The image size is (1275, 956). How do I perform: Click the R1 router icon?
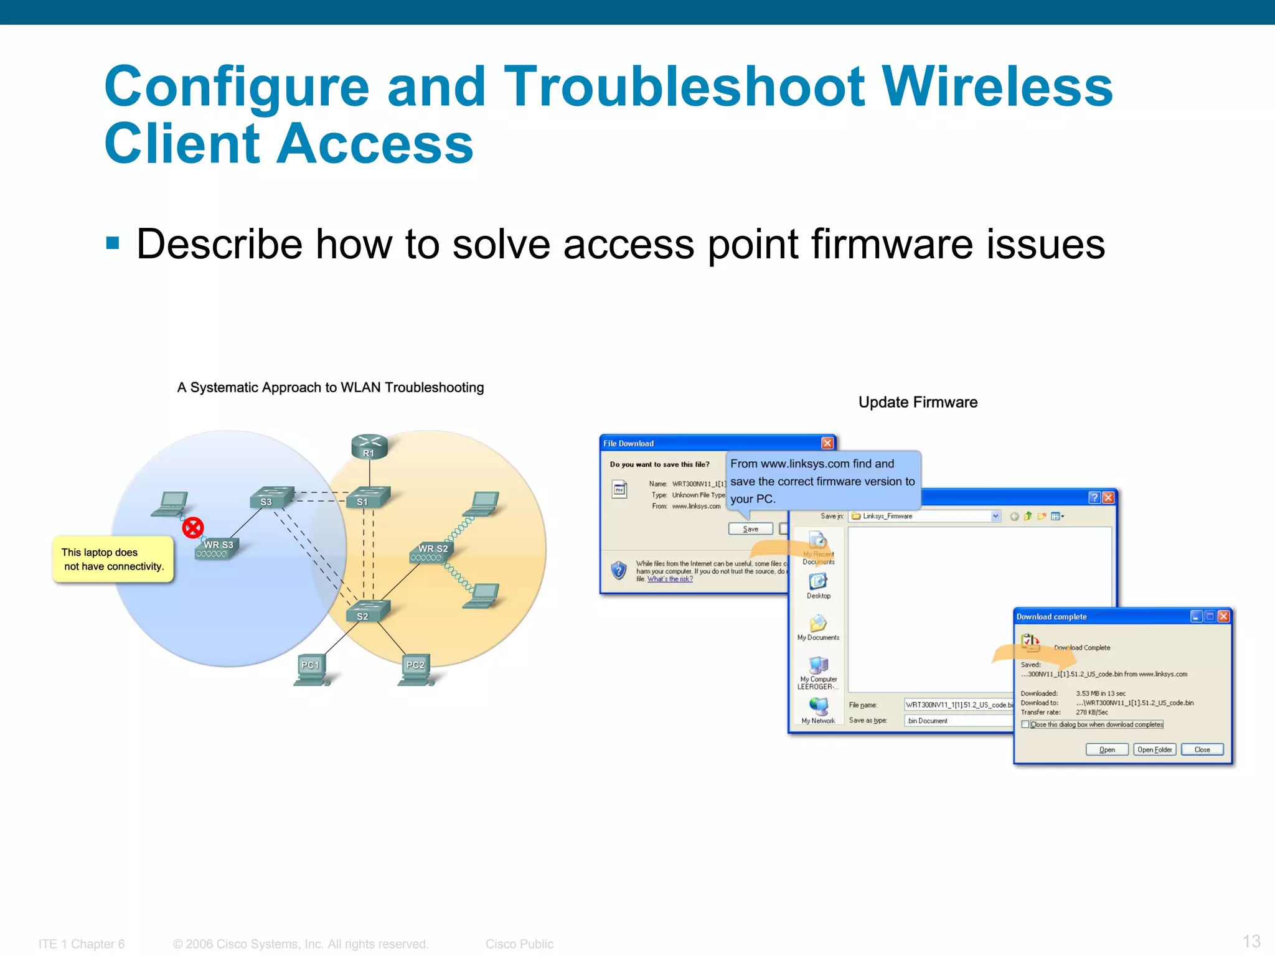click(369, 447)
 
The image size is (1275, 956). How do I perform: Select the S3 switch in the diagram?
click(270, 498)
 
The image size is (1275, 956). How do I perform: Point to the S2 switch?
click(367, 611)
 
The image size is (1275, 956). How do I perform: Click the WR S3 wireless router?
click(217, 548)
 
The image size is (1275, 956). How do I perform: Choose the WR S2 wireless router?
click(431, 552)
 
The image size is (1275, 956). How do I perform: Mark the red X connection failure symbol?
click(193, 528)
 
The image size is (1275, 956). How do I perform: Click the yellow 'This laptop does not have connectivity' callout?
click(113, 559)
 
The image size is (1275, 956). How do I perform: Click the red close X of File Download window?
click(827, 443)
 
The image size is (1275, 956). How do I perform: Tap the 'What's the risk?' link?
click(670, 579)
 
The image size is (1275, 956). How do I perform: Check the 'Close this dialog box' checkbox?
click(1025, 724)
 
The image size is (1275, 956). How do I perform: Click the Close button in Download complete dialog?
click(1202, 749)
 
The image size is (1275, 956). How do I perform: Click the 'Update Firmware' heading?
click(918, 402)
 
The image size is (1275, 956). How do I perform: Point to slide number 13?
click(1251, 940)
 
